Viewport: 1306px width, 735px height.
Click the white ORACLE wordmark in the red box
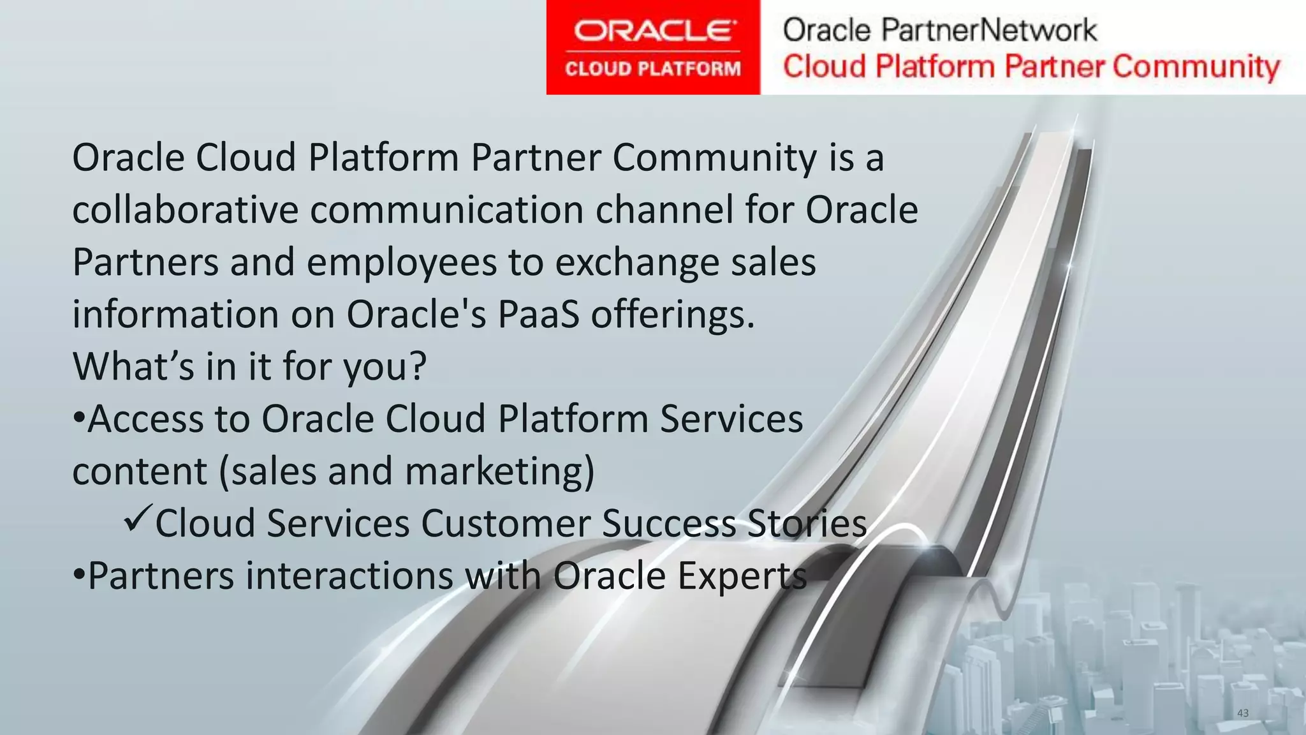[653, 30]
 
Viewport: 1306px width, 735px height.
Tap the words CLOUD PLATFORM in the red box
[653, 68]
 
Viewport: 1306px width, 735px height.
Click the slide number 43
[1242, 713]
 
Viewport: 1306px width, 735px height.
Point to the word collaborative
[185, 210]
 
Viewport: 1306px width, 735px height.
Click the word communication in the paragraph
[446, 210]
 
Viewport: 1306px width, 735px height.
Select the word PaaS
[538, 315]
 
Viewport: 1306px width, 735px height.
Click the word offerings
[673, 315]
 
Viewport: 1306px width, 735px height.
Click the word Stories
[807, 524]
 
